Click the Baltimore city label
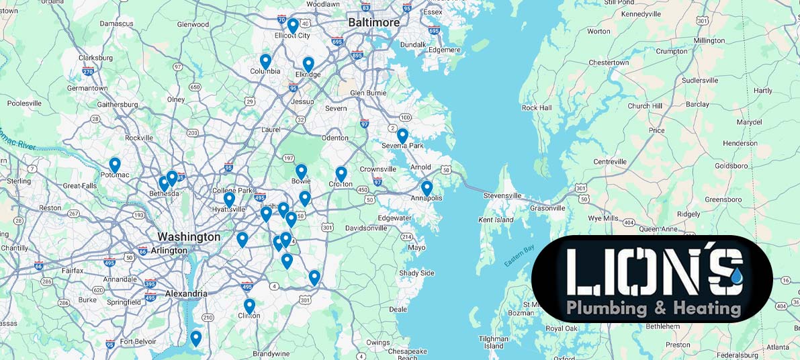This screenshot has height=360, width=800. (373, 23)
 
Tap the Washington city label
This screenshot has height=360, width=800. (189, 237)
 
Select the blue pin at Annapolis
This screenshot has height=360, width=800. (427, 187)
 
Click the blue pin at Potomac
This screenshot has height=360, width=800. (115, 164)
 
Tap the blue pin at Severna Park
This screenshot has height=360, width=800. (402, 135)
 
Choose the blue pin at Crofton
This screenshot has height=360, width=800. (341, 173)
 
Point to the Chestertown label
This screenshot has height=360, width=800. (609, 62)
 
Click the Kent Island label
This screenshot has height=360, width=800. (496, 220)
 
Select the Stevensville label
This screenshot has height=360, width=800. (503, 195)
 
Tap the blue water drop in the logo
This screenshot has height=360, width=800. (738, 275)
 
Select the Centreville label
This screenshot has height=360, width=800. (610, 162)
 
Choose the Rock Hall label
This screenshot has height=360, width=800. (537, 108)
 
